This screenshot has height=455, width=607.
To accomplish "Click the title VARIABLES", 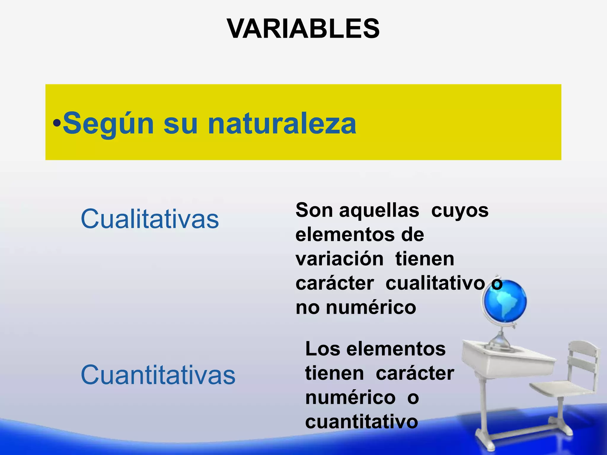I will (x=303, y=29).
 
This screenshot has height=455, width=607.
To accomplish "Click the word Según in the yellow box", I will (x=108, y=124).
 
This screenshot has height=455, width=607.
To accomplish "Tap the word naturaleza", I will (x=282, y=124).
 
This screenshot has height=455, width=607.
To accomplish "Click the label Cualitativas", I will (x=150, y=219).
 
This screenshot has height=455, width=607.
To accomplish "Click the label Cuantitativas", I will (x=158, y=375).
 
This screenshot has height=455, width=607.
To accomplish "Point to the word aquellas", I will (x=379, y=210).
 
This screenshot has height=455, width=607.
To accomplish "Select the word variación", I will (x=339, y=259).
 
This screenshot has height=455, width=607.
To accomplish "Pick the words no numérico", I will (x=356, y=307).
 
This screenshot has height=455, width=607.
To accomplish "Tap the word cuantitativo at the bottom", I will (x=361, y=422).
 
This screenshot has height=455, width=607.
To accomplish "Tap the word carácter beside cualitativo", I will (x=335, y=283).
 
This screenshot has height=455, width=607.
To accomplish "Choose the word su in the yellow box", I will (x=180, y=124).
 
